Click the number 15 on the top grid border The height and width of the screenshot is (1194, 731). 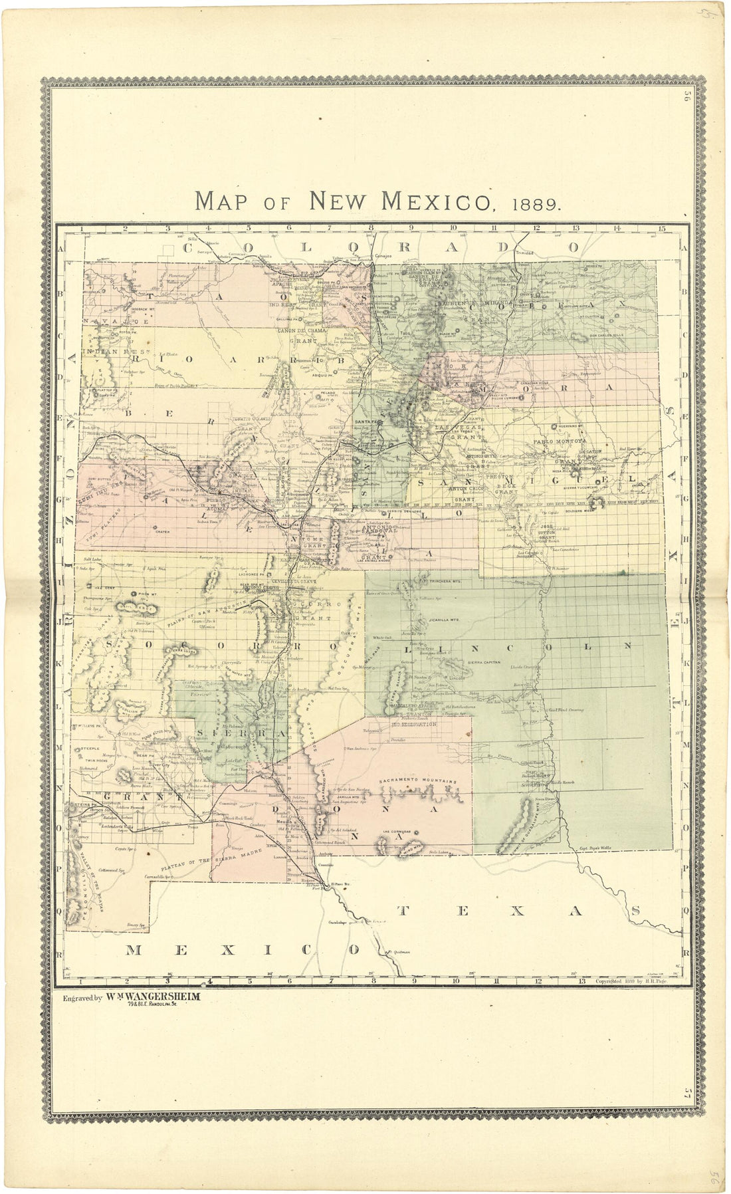[x=661, y=229]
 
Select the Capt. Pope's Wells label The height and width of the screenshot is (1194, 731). [x=591, y=848]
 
